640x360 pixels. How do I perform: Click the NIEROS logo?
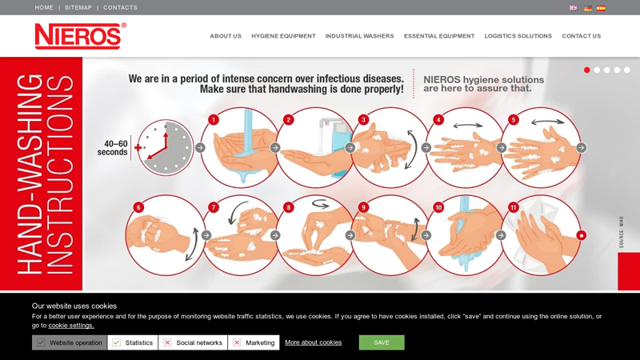coord(81,36)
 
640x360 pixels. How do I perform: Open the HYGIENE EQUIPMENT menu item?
coord(283,36)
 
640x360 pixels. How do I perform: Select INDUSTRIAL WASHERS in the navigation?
coord(359,36)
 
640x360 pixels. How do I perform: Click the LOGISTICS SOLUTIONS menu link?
coord(518,36)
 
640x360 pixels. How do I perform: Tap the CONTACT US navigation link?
coord(582,36)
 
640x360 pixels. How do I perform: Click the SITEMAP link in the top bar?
coord(78,7)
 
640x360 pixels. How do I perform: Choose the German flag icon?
coord(588,8)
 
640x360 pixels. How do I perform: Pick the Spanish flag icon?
coord(601,8)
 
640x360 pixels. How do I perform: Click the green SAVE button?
coord(382,342)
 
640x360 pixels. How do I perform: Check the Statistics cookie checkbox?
coord(116,342)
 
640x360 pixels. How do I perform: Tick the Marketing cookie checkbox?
coord(237,342)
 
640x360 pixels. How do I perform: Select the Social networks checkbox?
coord(167,342)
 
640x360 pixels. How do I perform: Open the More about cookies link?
coord(313,342)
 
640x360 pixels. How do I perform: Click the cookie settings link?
coord(71,326)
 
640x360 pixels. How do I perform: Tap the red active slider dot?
coord(587,70)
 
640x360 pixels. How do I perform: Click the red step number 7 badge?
coord(214,207)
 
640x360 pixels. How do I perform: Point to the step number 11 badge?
coord(513,207)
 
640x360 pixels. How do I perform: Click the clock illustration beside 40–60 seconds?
coord(166,148)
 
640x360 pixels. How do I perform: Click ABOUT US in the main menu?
coord(226,36)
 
